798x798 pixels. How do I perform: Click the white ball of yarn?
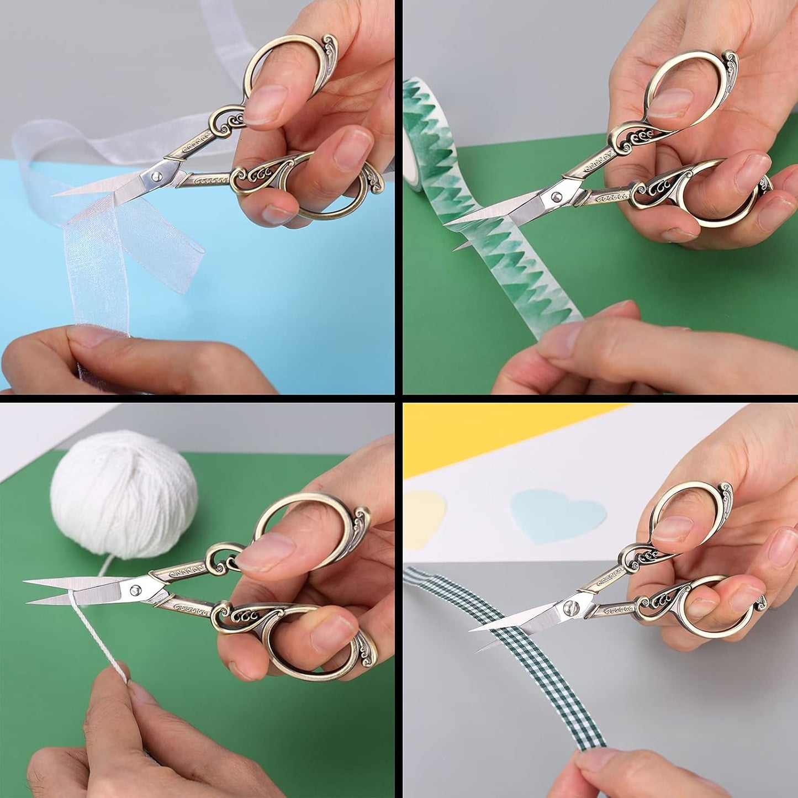coord(124,486)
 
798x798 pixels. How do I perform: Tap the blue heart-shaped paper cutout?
coord(558,514)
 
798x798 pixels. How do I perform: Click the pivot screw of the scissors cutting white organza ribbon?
coord(157,176)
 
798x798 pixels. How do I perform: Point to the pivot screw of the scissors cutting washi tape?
coord(555,195)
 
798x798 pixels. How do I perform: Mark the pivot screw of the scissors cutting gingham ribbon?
coord(567,608)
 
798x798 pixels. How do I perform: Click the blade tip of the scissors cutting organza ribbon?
coord(55,194)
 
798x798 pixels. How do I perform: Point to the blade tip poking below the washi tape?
coord(456,249)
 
